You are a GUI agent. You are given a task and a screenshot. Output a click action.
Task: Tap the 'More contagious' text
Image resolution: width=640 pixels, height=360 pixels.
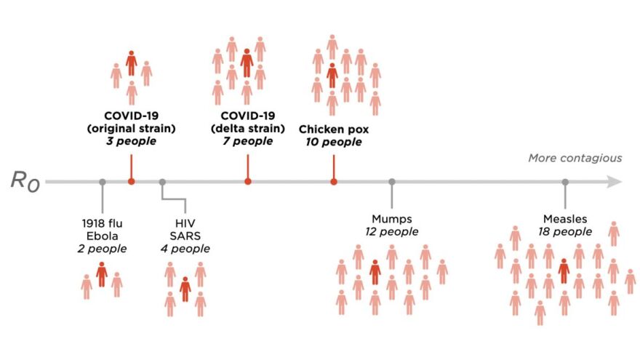pos(575,158)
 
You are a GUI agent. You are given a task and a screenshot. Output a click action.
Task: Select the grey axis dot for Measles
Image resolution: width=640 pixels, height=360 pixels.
pos(565,182)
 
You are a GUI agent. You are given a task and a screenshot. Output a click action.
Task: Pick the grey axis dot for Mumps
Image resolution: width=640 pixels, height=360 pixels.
pos(392,182)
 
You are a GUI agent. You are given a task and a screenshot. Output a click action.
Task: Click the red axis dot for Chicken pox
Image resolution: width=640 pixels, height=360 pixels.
pos(334,182)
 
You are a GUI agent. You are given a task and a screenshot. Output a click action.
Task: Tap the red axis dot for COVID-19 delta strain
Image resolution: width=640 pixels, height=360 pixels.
pos(248,182)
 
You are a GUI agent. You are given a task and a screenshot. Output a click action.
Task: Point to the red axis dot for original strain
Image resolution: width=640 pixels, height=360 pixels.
pos(131,182)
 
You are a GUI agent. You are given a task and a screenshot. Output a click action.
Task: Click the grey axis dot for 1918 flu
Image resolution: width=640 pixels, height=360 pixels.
pos(103,182)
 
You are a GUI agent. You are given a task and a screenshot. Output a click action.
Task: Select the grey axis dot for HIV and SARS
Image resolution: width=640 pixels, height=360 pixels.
pos(162,182)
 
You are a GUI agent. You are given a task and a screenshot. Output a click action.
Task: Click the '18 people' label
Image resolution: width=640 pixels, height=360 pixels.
pos(565,232)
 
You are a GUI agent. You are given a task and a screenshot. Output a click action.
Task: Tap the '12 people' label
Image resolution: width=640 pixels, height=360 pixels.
pos(392,232)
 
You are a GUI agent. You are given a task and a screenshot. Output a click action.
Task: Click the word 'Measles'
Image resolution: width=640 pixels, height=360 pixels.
pos(565,219)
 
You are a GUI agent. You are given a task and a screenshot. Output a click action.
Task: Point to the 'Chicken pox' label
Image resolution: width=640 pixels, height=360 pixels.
pos(334,129)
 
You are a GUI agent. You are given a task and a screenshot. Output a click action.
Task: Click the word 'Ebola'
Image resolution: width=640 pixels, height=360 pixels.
pos(103,235)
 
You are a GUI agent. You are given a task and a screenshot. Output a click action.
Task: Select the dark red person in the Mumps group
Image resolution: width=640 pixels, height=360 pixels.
pos(375,271)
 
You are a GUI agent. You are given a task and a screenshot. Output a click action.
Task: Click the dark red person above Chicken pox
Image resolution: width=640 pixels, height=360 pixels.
pos(332,74)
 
